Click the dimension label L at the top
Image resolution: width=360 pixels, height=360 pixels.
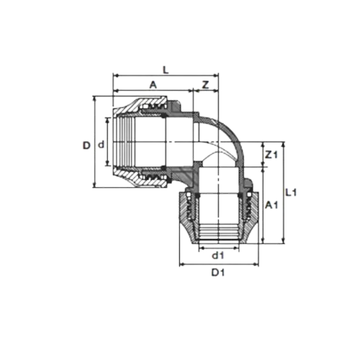[x=166, y=70]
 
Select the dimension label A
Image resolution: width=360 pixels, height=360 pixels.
[x=153, y=85]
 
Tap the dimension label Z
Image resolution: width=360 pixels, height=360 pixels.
[x=205, y=85]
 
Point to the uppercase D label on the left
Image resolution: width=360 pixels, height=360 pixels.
[x=86, y=145]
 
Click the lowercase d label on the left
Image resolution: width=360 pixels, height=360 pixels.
[x=102, y=145]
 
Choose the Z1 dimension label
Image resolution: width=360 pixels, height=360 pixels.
[x=271, y=155]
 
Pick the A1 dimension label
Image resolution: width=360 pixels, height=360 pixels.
[x=271, y=205]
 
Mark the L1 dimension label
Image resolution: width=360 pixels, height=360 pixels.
[x=291, y=192]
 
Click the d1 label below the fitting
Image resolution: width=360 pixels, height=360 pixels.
[x=218, y=256]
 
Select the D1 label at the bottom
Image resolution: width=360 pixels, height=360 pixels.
[x=218, y=273]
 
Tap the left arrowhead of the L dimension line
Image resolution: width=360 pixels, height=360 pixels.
[x=115, y=76]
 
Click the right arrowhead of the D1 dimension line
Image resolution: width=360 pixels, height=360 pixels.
[x=256, y=264]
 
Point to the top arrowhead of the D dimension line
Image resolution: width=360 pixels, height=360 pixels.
[x=95, y=99]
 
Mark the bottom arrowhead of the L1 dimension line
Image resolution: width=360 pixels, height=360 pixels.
[x=284, y=241]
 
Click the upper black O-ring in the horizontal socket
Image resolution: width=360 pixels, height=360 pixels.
[x=164, y=117]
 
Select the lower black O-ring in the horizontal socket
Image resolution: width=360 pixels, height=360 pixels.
[x=164, y=167]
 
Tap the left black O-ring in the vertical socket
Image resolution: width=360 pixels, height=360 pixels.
[x=198, y=196]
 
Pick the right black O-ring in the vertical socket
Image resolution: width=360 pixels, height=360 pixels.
[x=240, y=196]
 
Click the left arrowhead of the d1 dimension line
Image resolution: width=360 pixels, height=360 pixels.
[x=202, y=248]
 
